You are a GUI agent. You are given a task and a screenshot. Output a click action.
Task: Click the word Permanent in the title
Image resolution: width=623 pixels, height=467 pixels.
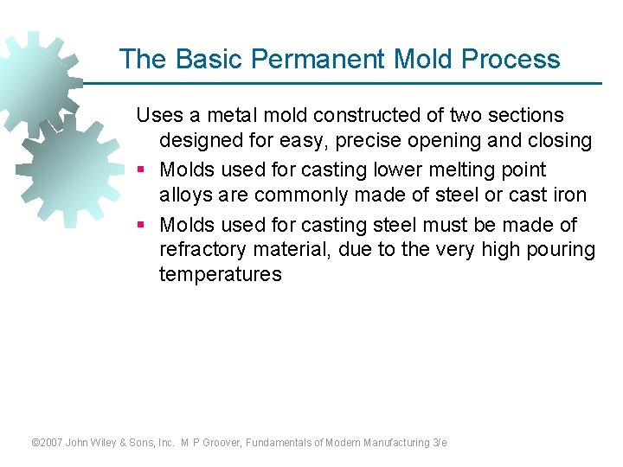tap(317, 59)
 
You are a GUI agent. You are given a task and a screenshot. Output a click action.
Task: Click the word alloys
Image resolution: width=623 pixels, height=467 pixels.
tap(185, 195)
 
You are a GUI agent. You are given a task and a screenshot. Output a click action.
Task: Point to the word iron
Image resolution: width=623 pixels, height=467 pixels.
tap(568, 195)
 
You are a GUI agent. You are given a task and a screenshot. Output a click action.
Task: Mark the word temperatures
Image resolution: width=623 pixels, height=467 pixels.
tap(220, 275)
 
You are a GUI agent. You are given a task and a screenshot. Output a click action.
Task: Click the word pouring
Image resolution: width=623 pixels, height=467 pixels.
tap(563, 250)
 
